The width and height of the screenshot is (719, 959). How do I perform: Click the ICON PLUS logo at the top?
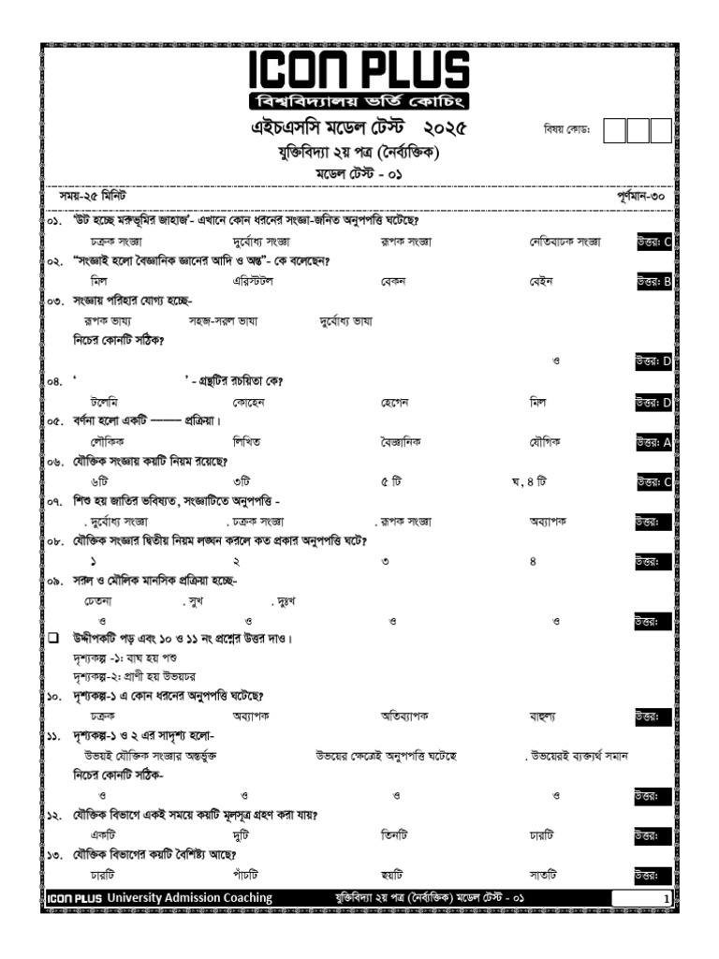pyautogui.click(x=359, y=72)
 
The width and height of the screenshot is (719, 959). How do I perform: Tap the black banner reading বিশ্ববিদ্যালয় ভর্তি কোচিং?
pyautogui.click(x=359, y=101)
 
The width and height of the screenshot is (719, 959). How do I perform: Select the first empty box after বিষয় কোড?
pyautogui.click(x=614, y=130)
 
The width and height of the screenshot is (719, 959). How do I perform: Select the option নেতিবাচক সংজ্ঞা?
pyautogui.click(x=565, y=241)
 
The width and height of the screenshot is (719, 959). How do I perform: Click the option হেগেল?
pyautogui.click(x=398, y=402)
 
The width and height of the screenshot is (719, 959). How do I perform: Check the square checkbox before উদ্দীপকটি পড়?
pyautogui.click(x=53, y=638)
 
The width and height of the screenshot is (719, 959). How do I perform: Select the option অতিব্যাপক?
pyautogui.click(x=404, y=716)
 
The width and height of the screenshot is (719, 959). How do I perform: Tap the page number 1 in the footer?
pyautogui.click(x=666, y=899)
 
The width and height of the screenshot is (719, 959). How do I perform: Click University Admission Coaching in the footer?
pyautogui.click(x=189, y=898)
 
